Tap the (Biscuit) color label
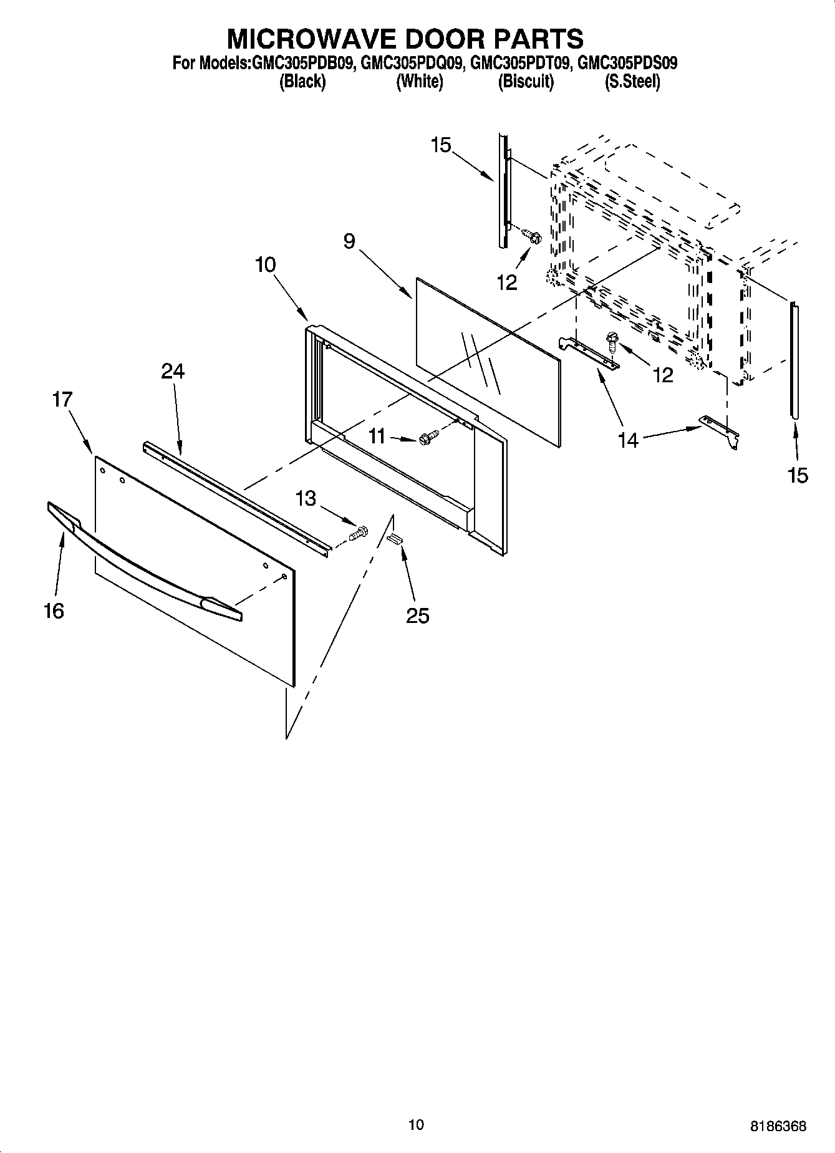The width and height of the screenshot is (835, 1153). (x=526, y=82)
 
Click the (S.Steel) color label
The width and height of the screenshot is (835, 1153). (x=632, y=82)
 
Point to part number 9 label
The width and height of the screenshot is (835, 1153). (x=349, y=241)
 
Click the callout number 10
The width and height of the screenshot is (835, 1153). (x=265, y=265)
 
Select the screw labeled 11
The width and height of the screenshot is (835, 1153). (x=429, y=438)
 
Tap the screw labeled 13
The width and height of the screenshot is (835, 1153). (x=360, y=534)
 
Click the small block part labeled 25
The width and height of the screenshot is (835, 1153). (x=394, y=539)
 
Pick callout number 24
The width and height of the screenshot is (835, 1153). (x=173, y=372)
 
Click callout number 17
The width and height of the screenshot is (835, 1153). (x=62, y=399)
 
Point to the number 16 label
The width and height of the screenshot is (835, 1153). (x=54, y=610)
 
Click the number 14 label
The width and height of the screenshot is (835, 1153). (x=628, y=440)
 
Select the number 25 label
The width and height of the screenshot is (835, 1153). (x=418, y=616)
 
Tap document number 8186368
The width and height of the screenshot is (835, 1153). (x=778, y=1126)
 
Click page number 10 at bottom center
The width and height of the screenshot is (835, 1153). (x=416, y=1124)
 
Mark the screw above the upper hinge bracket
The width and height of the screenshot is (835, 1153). (x=611, y=340)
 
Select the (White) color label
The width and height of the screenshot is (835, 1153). (x=420, y=82)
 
